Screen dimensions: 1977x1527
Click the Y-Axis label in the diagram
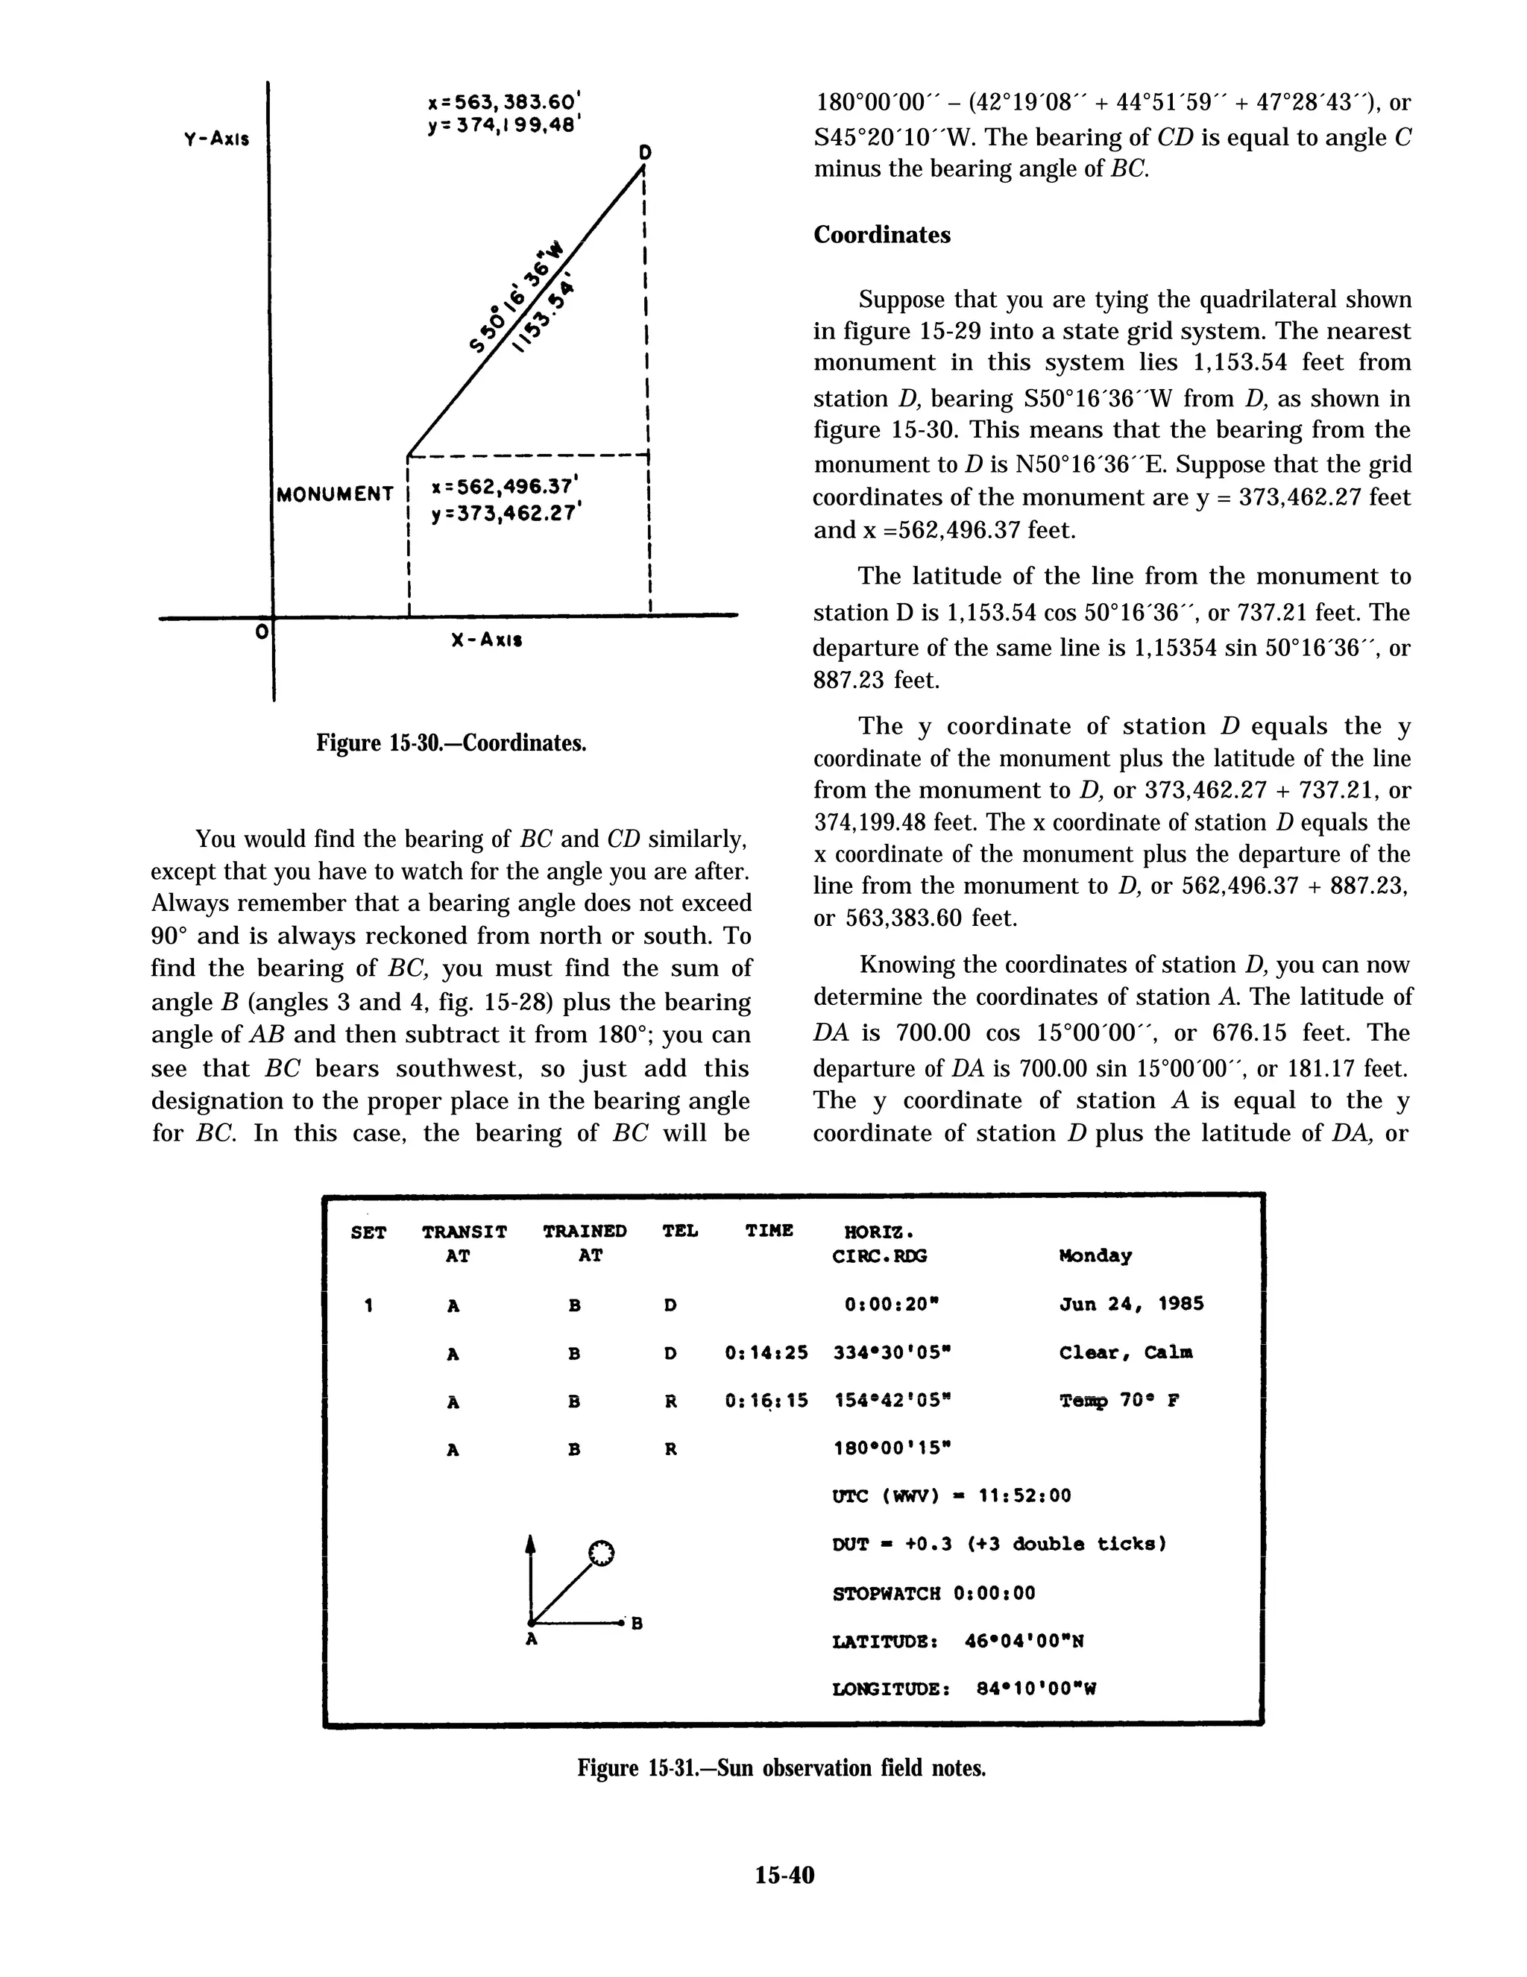pyautogui.click(x=216, y=139)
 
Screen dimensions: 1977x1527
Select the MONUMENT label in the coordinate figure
pyautogui.click(x=336, y=494)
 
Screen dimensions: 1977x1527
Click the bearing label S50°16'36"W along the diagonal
pyautogui.click(x=517, y=296)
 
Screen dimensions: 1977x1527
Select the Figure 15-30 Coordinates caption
pyautogui.click(x=451, y=743)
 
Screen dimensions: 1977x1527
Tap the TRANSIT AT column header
pyautogui.click(x=465, y=1243)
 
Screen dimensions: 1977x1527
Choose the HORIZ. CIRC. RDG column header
pyautogui.click(x=879, y=1243)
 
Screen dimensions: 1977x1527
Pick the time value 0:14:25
pyautogui.click(x=766, y=1352)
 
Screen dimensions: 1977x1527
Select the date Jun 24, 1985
pyautogui.click(x=1130, y=1305)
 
